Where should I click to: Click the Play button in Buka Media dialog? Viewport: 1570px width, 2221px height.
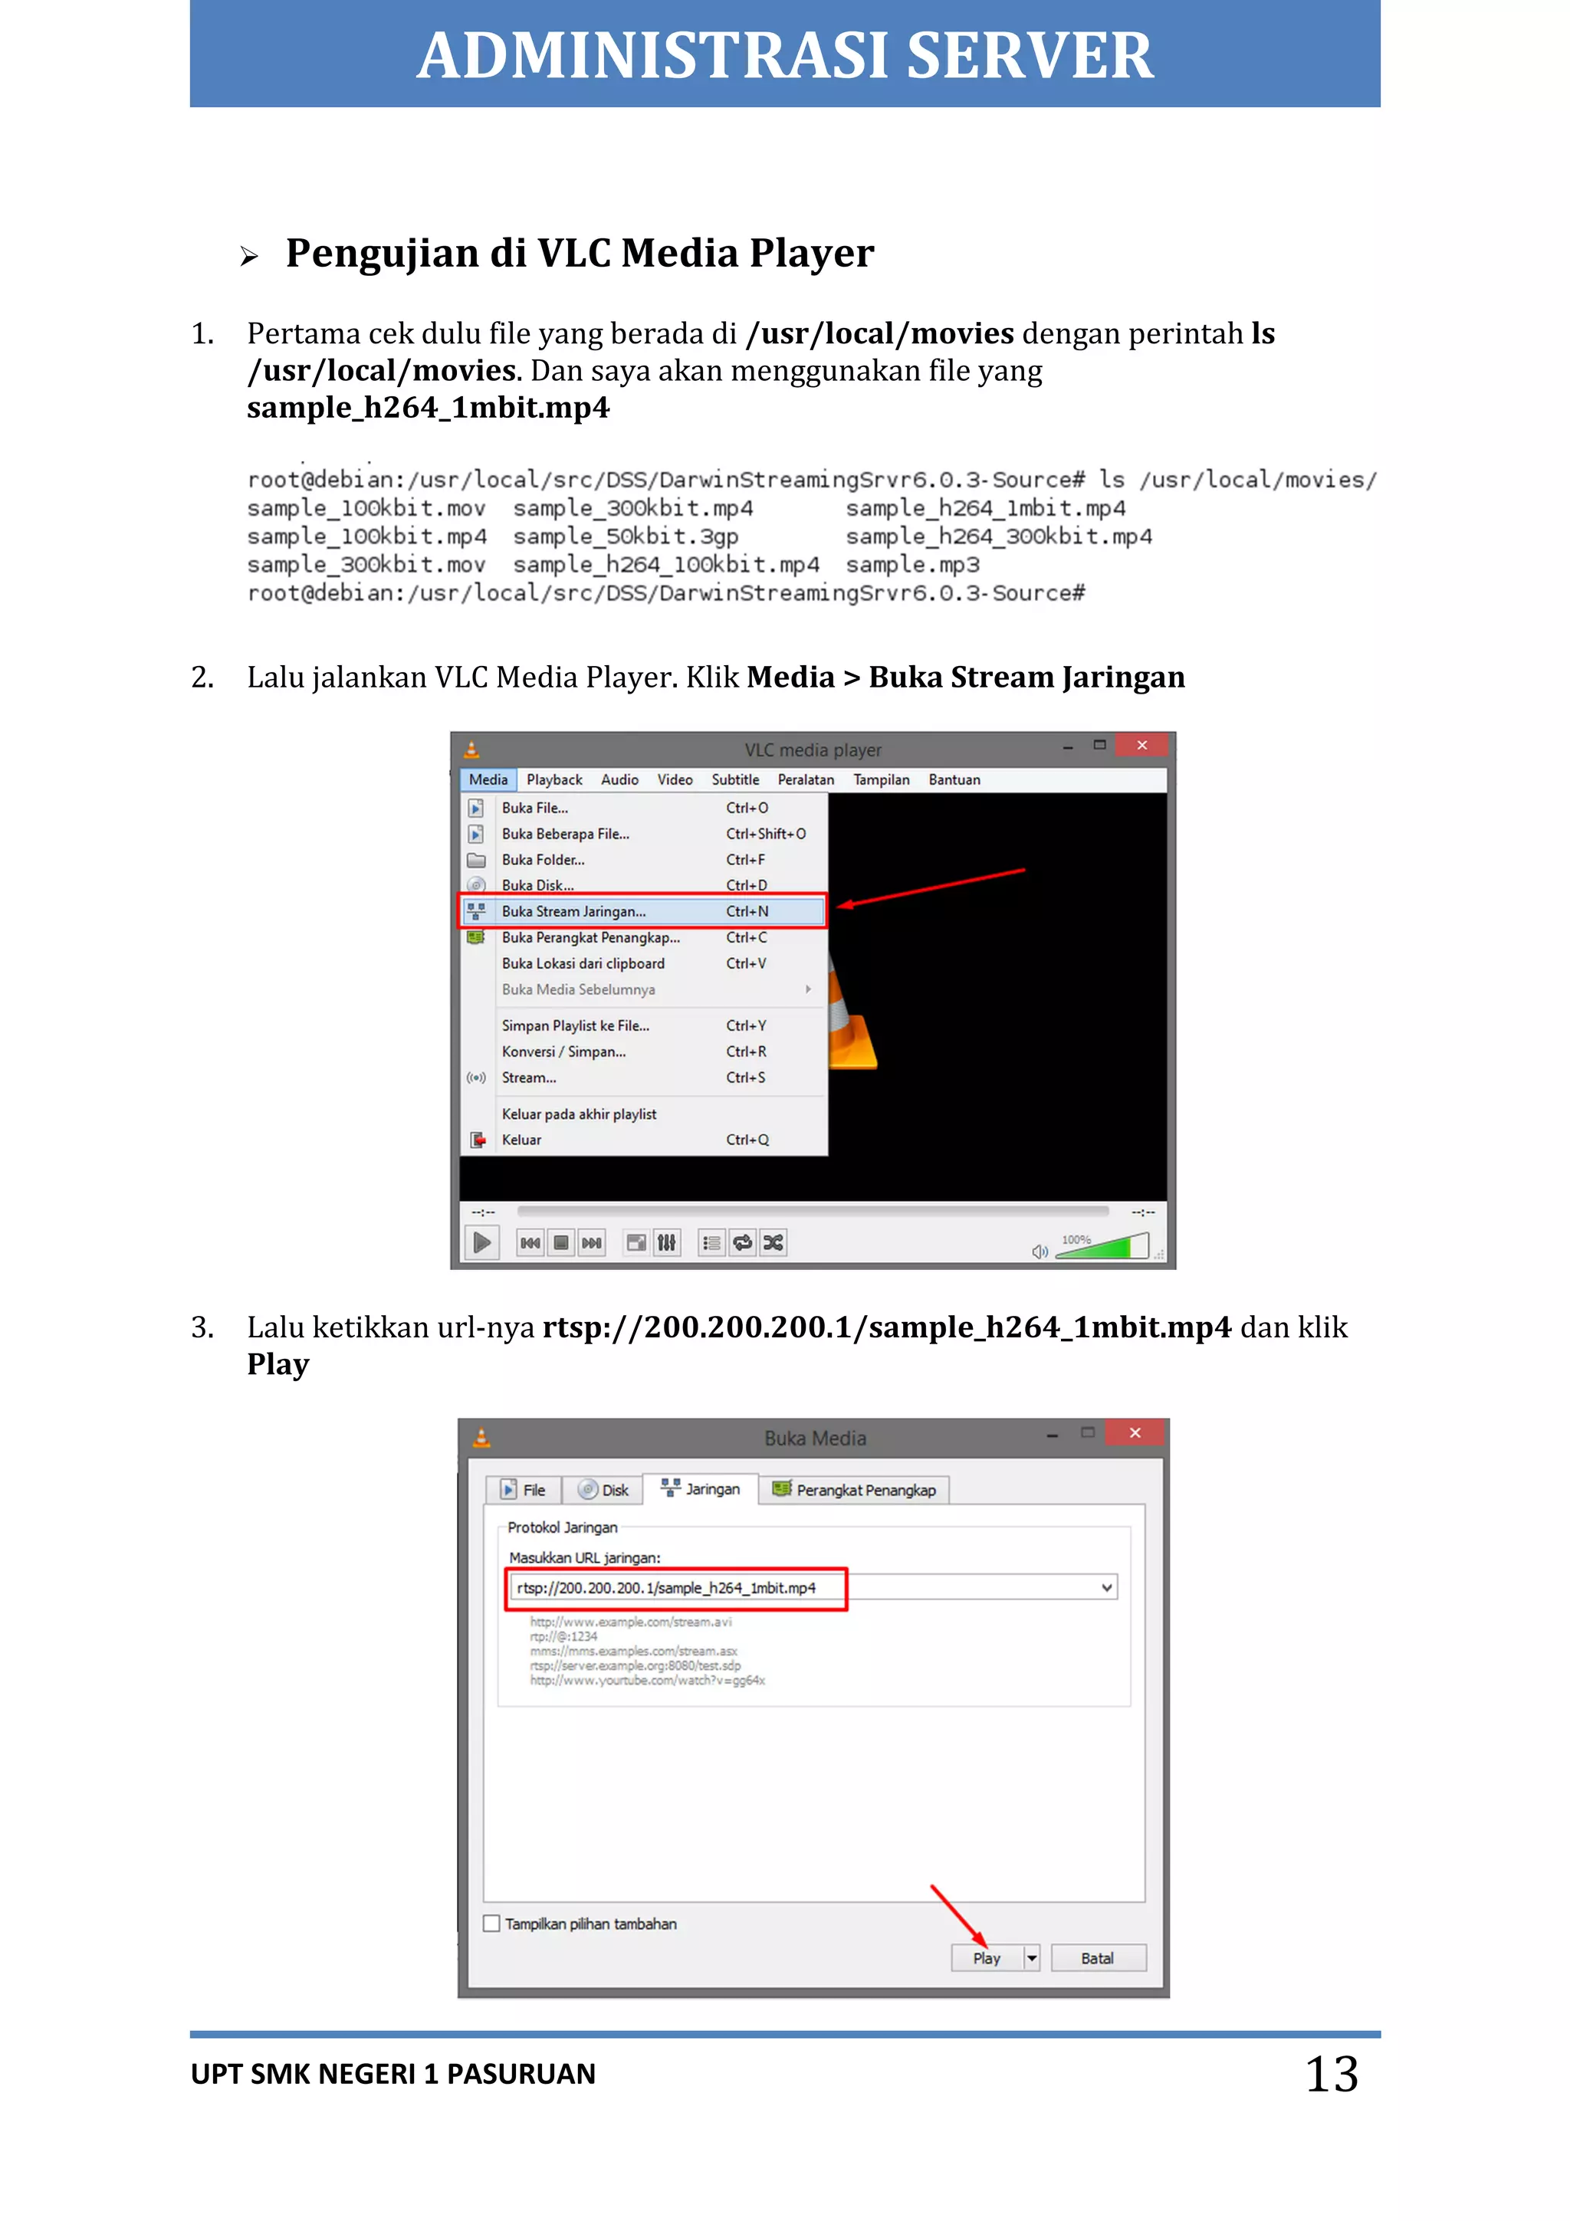[986, 1958]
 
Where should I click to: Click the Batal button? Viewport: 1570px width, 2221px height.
[1097, 1958]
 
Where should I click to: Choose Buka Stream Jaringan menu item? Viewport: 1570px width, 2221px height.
[573, 911]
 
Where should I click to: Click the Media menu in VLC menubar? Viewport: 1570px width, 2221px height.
[488, 779]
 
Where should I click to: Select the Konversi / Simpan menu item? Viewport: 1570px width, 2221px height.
[563, 1051]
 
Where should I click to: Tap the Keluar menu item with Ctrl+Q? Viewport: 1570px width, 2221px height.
[521, 1140]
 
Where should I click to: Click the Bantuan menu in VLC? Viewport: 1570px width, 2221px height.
[954, 779]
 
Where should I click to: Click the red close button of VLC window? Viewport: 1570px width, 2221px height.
[1141, 745]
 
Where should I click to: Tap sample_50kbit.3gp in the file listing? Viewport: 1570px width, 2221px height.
[625, 537]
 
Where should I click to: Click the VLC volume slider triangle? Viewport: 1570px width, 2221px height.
[1103, 1246]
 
